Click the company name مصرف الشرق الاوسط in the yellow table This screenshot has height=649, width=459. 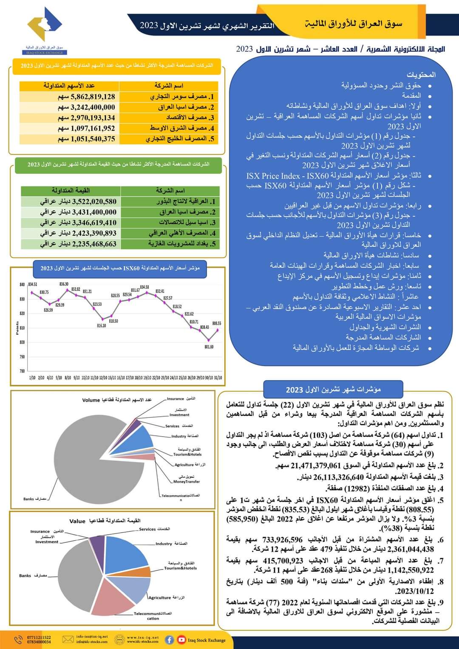point(178,128)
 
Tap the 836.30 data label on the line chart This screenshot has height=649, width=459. point(64,284)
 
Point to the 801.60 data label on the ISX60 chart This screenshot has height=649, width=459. point(209,347)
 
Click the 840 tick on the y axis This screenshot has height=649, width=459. point(22,285)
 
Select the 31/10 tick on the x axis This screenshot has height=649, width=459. point(218,377)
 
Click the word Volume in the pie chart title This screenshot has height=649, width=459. point(91,400)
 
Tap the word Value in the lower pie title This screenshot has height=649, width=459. point(77,521)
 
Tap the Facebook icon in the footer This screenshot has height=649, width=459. point(169,640)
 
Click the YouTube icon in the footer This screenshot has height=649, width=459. point(181,640)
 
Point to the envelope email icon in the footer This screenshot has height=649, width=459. point(68,639)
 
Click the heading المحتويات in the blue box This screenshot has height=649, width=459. point(421,75)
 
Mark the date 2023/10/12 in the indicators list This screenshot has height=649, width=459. point(414,591)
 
